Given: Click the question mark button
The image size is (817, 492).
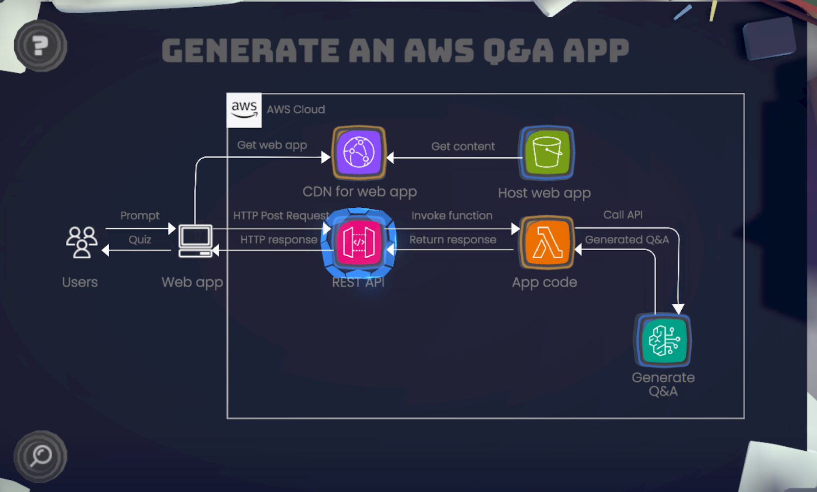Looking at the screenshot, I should [x=40, y=46].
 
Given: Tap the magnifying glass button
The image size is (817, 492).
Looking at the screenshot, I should [x=40, y=456].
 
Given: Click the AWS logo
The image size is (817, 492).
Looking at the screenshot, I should [x=244, y=110].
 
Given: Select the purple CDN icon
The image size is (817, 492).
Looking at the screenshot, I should [x=359, y=153].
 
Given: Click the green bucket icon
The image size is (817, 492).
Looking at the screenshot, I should [x=547, y=153].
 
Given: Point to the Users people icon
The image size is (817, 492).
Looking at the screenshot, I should [x=82, y=242].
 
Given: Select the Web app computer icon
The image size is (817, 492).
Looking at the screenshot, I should [x=196, y=241].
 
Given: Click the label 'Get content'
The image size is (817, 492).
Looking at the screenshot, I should [x=463, y=146].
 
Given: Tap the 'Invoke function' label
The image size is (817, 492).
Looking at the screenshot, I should [x=452, y=215].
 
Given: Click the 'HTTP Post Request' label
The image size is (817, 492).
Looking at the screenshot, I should [x=281, y=215].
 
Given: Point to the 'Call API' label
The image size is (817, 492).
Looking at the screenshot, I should [x=623, y=215].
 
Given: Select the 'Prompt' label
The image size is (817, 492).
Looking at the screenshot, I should [x=140, y=215].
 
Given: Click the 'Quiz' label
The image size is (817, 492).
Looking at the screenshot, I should [x=140, y=239].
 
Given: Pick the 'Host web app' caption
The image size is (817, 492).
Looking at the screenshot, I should [x=544, y=193].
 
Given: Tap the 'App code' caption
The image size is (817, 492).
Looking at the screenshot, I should [x=544, y=282].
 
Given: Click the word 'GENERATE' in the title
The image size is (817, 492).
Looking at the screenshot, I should [x=250, y=51].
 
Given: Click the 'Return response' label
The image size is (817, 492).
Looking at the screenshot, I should [x=453, y=239].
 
